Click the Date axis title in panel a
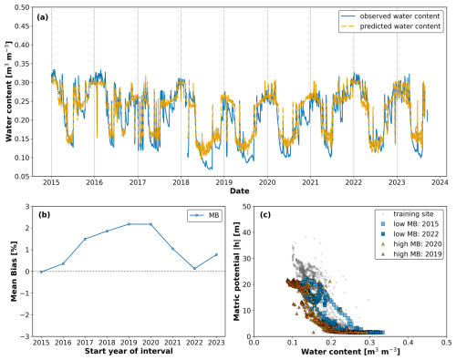click(x=240, y=192)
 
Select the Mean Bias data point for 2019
click(x=130, y=224)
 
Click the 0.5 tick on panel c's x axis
click(x=445, y=342)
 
